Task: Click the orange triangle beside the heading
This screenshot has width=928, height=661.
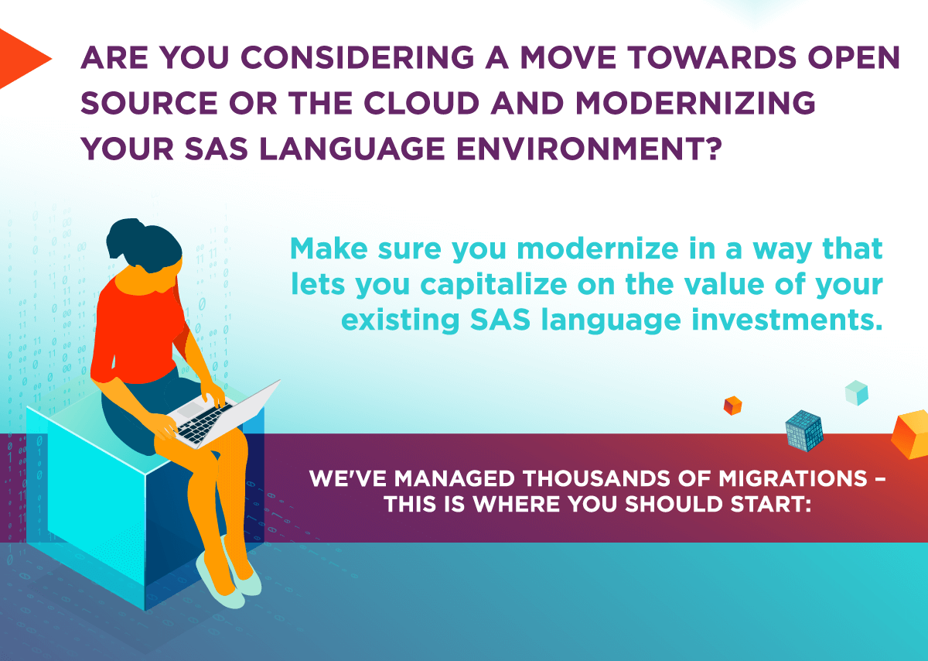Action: click(x=21, y=59)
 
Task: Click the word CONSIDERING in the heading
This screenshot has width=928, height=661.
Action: click(x=357, y=57)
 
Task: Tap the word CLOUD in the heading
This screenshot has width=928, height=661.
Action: click(x=421, y=103)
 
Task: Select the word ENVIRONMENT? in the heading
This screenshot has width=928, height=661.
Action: click(x=589, y=149)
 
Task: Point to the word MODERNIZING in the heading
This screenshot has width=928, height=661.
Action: click(x=695, y=103)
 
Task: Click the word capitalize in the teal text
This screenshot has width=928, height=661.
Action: click(x=493, y=286)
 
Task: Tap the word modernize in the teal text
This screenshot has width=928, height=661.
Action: click(x=598, y=248)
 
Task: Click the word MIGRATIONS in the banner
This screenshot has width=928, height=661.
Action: click(x=793, y=478)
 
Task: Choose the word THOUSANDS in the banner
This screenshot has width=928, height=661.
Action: click(x=596, y=478)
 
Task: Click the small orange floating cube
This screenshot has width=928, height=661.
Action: click(x=732, y=406)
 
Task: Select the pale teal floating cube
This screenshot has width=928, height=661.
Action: click(x=856, y=392)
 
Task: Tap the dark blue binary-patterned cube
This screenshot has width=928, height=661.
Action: click(x=803, y=431)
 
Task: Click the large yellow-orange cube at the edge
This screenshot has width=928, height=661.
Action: click(x=911, y=434)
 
